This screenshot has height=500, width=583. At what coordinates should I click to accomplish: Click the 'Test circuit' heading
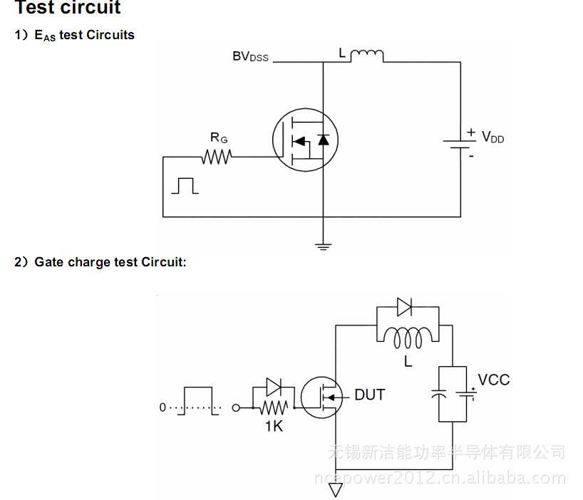[68, 9]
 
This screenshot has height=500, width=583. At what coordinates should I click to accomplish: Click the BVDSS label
[250, 56]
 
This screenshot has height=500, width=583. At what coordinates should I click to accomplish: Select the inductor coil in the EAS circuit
[368, 56]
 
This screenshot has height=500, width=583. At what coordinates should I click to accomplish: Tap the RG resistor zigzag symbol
[216, 157]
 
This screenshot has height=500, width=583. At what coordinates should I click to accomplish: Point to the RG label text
[218, 137]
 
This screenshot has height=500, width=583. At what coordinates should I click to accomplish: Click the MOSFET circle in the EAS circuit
[304, 140]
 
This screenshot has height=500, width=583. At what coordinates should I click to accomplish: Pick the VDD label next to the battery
[492, 137]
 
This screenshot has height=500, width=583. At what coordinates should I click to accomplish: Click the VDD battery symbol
[460, 142]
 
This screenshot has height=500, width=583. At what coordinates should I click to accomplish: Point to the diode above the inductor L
[406, 308]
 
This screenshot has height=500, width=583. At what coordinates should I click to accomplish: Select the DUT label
[370, 395]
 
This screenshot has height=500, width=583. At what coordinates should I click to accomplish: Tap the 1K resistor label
[274, 427]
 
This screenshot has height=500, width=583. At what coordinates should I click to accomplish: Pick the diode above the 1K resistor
[273, 387]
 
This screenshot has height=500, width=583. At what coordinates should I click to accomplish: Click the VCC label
[494, 380]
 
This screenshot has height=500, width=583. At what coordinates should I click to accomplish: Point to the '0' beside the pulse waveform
[162, 408]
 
